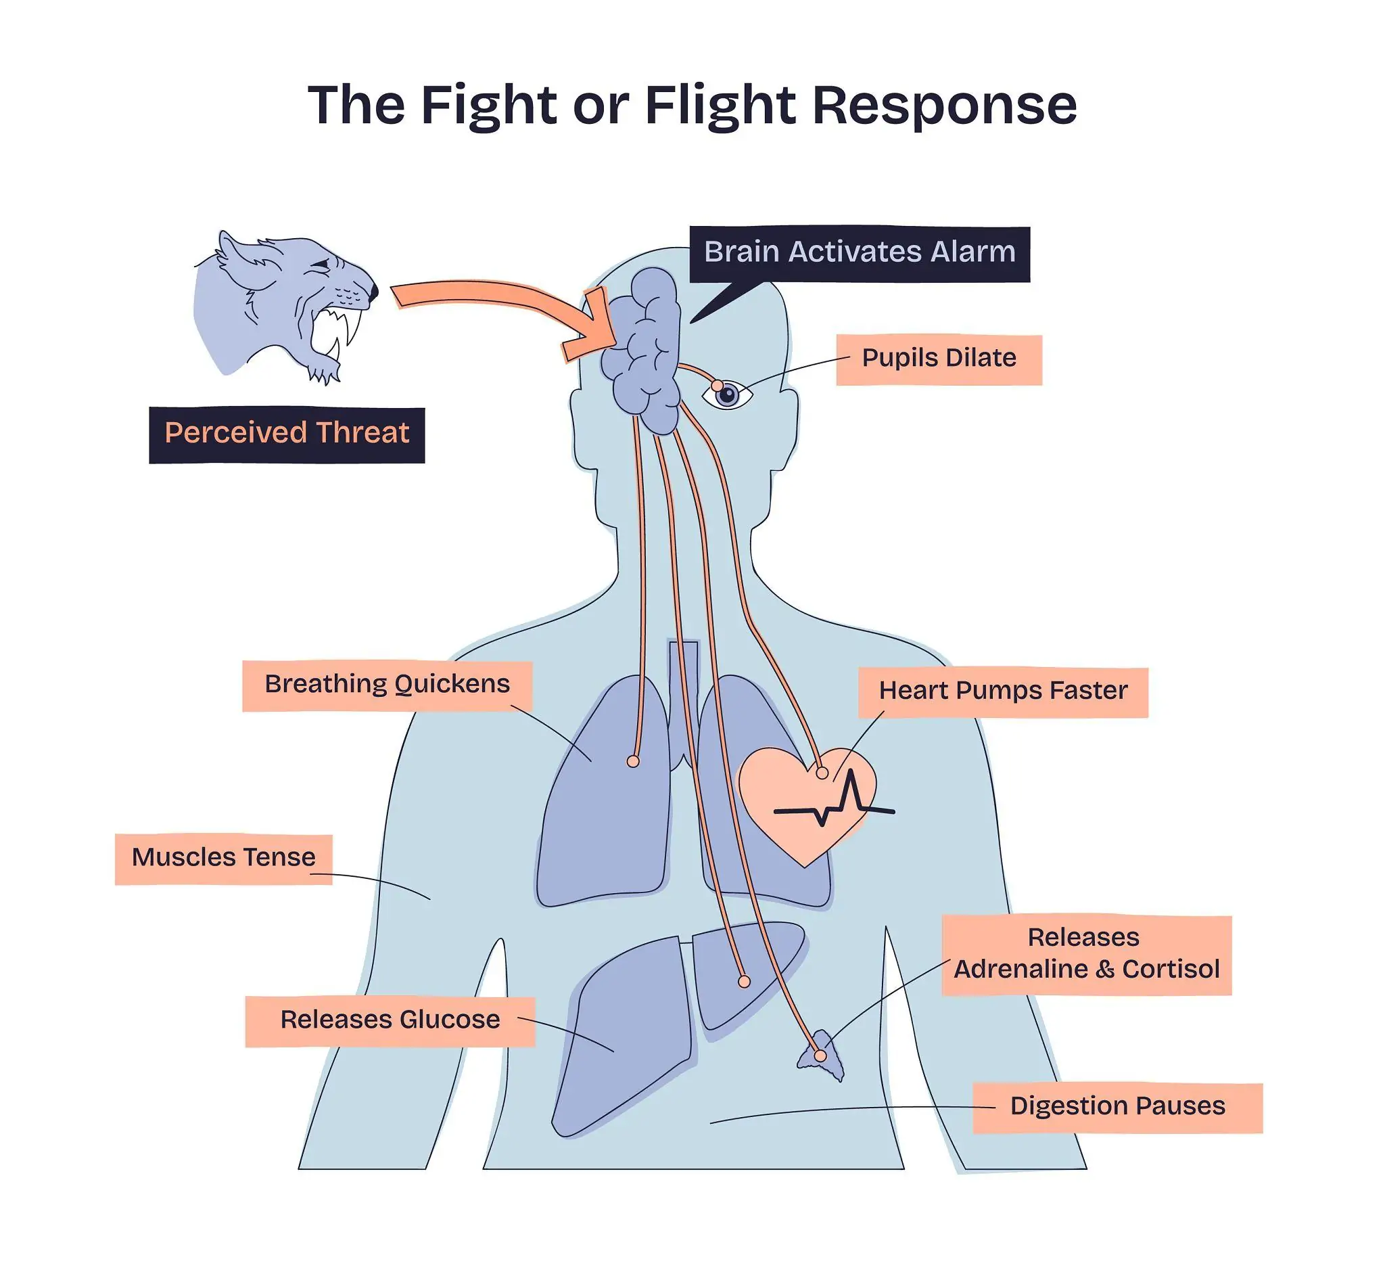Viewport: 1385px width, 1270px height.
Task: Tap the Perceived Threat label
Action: coord(287,434)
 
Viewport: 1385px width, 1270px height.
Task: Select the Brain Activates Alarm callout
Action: coord(859,253)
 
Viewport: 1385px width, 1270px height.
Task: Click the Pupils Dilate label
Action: coord(939,359)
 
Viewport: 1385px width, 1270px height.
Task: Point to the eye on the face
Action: coord(727,394)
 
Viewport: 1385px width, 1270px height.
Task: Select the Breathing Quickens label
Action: coord(387,685)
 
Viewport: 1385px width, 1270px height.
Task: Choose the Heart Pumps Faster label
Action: coord(1002,691)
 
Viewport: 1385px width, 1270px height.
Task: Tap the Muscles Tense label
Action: coord(223,859)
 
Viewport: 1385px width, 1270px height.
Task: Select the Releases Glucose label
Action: coord(390,1020)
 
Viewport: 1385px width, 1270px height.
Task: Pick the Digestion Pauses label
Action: coord(1117,1106)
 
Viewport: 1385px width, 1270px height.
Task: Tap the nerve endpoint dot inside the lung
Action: coord(633,761)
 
